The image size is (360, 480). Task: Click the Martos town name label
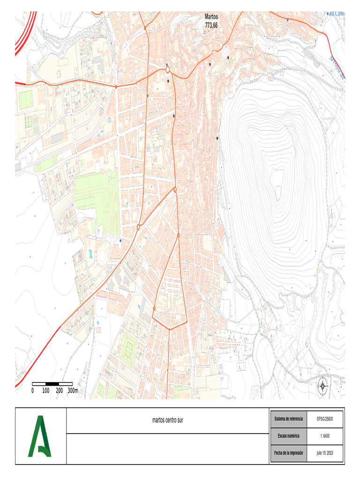(211, 16)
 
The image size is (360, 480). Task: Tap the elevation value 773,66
(211, 25)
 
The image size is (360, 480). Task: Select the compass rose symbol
(322, 386)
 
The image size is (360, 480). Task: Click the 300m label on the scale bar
(73, 390)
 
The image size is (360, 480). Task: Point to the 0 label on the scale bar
(32, 390)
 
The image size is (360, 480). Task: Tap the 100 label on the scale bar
(46, 390)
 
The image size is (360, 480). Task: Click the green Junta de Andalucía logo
(40, 436)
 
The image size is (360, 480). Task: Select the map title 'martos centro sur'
(168, 420)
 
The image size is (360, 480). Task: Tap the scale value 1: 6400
(325, 435)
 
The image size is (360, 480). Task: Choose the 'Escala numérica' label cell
(288, 435)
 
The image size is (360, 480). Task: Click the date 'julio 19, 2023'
(325, 453)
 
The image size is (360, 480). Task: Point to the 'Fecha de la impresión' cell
(288, 453)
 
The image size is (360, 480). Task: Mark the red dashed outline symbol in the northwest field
(59, 73)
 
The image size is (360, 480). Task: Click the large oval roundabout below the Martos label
(167, 70)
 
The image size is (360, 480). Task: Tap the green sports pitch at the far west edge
(25, 99)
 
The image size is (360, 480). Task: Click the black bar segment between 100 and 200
(52, 384)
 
